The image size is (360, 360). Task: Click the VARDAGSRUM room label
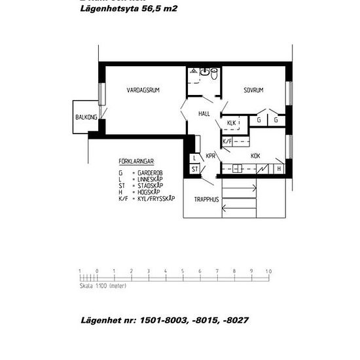pos(144,90)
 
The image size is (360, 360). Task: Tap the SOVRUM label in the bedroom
pos(253,90)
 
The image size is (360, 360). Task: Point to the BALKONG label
pos(86,117)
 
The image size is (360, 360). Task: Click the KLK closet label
pos(231,123)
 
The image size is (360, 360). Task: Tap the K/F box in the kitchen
pos(227,141)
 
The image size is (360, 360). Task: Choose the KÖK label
pos(256,156)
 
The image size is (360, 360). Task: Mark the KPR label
pos(211,156)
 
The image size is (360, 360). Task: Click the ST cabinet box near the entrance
pos(195,169)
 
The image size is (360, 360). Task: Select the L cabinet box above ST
pos(195,158)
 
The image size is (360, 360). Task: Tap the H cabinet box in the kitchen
pos(279,169)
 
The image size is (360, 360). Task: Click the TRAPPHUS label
pos(206,200)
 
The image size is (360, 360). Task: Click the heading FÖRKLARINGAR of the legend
pos(136,160)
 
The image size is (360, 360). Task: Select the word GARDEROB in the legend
pos(151,172)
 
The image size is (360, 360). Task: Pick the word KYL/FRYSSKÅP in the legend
pos(156,198)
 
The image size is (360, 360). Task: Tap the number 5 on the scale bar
pos(183,271)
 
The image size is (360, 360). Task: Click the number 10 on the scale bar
pos(268,271)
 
